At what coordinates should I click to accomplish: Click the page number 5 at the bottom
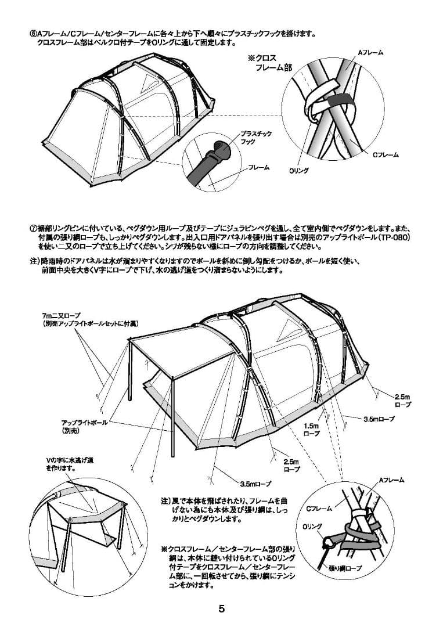pos(221,609)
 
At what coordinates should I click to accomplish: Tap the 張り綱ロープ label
pos(345,568)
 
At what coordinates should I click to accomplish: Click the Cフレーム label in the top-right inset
pos(386,154)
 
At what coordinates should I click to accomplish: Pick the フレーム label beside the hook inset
pos(258,167)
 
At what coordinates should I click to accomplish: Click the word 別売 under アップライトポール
pos(70,431)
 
